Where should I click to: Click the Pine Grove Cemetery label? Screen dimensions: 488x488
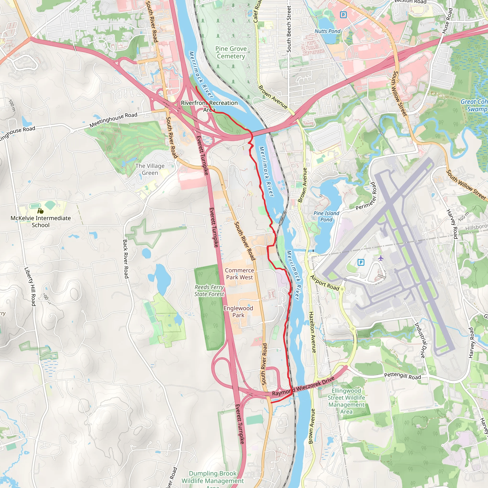coord(231,52)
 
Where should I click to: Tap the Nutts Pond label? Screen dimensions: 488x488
coord(327,31)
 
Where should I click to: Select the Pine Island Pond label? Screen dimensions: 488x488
coord(326,216)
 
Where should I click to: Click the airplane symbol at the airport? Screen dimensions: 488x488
coord(381,258)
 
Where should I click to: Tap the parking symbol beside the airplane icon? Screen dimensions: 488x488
coord(361,262)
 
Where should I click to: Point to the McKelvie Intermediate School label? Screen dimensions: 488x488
coord(41,222)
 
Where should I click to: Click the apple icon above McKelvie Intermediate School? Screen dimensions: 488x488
coord(41,211)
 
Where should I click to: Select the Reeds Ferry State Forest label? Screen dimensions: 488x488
coord(209,290)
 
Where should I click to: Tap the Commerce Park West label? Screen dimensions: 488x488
coord(239,274)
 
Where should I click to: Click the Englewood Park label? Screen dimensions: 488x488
coord(238,312)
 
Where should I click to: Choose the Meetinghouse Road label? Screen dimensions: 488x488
coord(113,120)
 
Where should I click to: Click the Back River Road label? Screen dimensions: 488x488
coord(126,259)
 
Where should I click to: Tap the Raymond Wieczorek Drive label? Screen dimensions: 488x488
coord(303,386)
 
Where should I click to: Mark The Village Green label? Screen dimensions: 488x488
coord(150,169)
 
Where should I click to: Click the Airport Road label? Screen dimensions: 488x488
coord(325,283)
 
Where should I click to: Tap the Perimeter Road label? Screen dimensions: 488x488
coord(366,196)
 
